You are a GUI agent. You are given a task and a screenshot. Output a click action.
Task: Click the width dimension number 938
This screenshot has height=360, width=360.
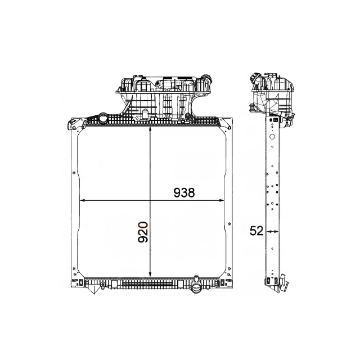183,193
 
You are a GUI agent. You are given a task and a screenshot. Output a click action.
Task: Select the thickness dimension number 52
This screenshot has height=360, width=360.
256,231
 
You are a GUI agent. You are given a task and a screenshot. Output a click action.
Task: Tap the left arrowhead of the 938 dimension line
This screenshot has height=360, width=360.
82,200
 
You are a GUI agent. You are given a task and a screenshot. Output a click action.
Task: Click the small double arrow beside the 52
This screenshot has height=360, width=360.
272,231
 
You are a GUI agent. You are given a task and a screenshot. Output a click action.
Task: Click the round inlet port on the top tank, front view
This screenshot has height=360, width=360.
104,120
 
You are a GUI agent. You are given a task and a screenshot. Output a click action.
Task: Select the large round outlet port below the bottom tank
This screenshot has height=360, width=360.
196,289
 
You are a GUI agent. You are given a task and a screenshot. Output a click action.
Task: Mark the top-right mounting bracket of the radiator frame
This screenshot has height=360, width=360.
227,123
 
